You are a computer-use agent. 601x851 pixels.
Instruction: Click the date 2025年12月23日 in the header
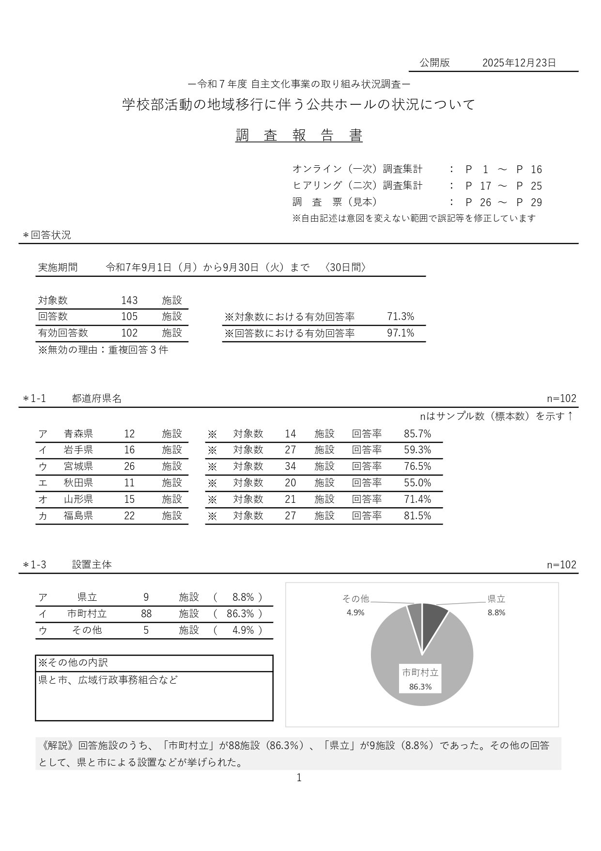pos(519,63)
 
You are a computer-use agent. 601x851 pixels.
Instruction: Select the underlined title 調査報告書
pos(299,136)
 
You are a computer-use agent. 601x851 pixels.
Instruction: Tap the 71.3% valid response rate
pos(401,317)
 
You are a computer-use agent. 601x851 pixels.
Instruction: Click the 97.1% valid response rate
pos(401,333)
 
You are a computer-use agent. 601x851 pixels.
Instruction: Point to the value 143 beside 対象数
pos(129,301)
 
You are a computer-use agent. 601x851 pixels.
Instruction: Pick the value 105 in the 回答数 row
pos(129,317)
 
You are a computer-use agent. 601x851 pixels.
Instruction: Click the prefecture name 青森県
pos(78,434)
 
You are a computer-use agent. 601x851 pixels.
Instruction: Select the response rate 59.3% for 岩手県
pos(417,450)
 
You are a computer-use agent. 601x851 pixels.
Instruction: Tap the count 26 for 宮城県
pos(129,466)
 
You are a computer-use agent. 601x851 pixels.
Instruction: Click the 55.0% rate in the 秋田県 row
pos(417,483)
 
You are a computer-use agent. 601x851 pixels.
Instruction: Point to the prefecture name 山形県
pos(78,499)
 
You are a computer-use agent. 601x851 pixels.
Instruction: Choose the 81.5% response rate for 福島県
pos(417,516)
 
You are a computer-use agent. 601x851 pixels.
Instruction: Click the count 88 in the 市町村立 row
pos(146,614)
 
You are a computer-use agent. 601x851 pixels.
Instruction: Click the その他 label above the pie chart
pos(355,599)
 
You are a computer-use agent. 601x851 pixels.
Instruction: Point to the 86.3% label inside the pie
pos(420,687)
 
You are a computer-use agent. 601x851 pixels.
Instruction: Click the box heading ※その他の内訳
pos(73,663)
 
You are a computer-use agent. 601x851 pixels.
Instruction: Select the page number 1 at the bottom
pos(299,778)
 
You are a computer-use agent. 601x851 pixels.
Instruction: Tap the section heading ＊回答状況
pos(47,235)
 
